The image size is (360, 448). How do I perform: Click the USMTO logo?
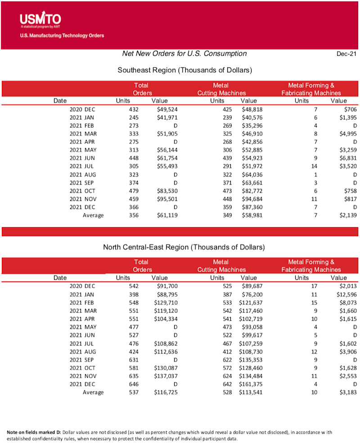tap(40, 19)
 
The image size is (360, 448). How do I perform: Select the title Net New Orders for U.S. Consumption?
tap(184, 54)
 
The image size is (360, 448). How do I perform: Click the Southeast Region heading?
tap(184, 70)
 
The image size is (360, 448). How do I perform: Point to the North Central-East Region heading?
tap(184, 247)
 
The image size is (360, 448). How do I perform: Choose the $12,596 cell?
tap(346, 294)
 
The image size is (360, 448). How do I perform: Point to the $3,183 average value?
tap(347, 392)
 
